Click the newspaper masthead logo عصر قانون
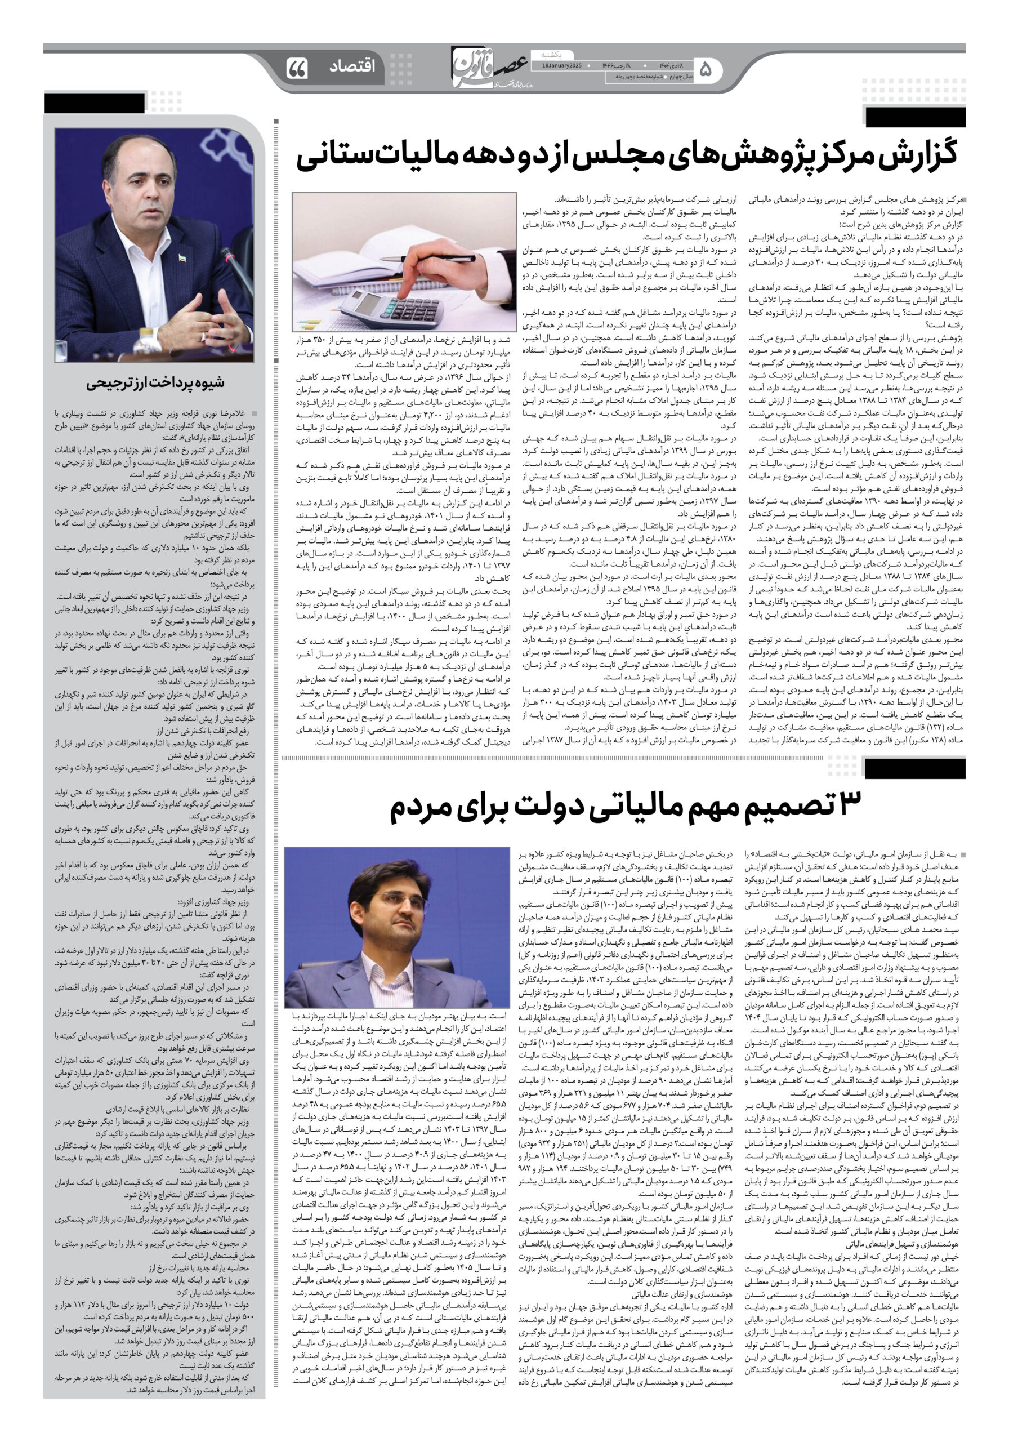point(490,65)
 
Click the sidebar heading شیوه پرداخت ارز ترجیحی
point(154,382)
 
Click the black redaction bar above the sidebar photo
point(94,103)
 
